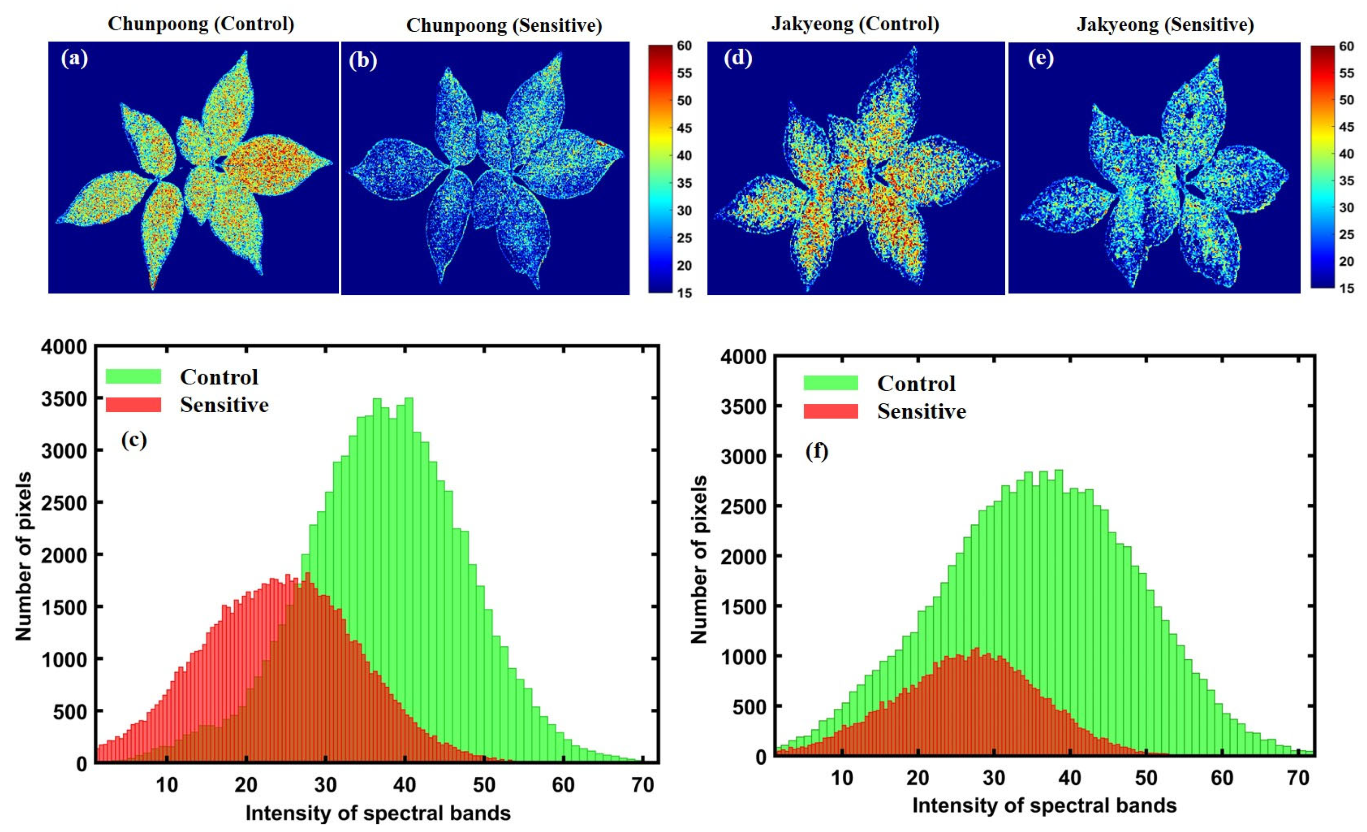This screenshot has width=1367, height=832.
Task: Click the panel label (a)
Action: point(74,58)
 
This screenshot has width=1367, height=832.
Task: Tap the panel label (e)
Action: point(1040,58)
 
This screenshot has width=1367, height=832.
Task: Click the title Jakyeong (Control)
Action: point(855,24)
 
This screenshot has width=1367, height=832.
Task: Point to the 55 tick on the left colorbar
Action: point(684,73)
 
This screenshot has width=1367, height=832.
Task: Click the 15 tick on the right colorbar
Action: point(1346,288)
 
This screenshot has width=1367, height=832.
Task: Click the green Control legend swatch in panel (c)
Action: point(133,376)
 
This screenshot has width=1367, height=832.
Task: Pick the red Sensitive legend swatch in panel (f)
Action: point(831,411)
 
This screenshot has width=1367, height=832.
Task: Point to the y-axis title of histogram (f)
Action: point(700,559)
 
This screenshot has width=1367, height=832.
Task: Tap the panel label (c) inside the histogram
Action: point(133,440)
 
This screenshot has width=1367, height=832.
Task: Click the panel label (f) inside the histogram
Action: point(816,452)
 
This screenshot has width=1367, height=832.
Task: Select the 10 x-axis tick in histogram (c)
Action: point(167,785)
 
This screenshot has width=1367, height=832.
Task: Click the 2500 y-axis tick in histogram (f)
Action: point(743,507)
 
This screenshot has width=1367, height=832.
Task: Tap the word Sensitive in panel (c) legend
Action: point(224,405)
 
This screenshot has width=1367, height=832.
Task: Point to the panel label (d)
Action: point(737,58)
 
